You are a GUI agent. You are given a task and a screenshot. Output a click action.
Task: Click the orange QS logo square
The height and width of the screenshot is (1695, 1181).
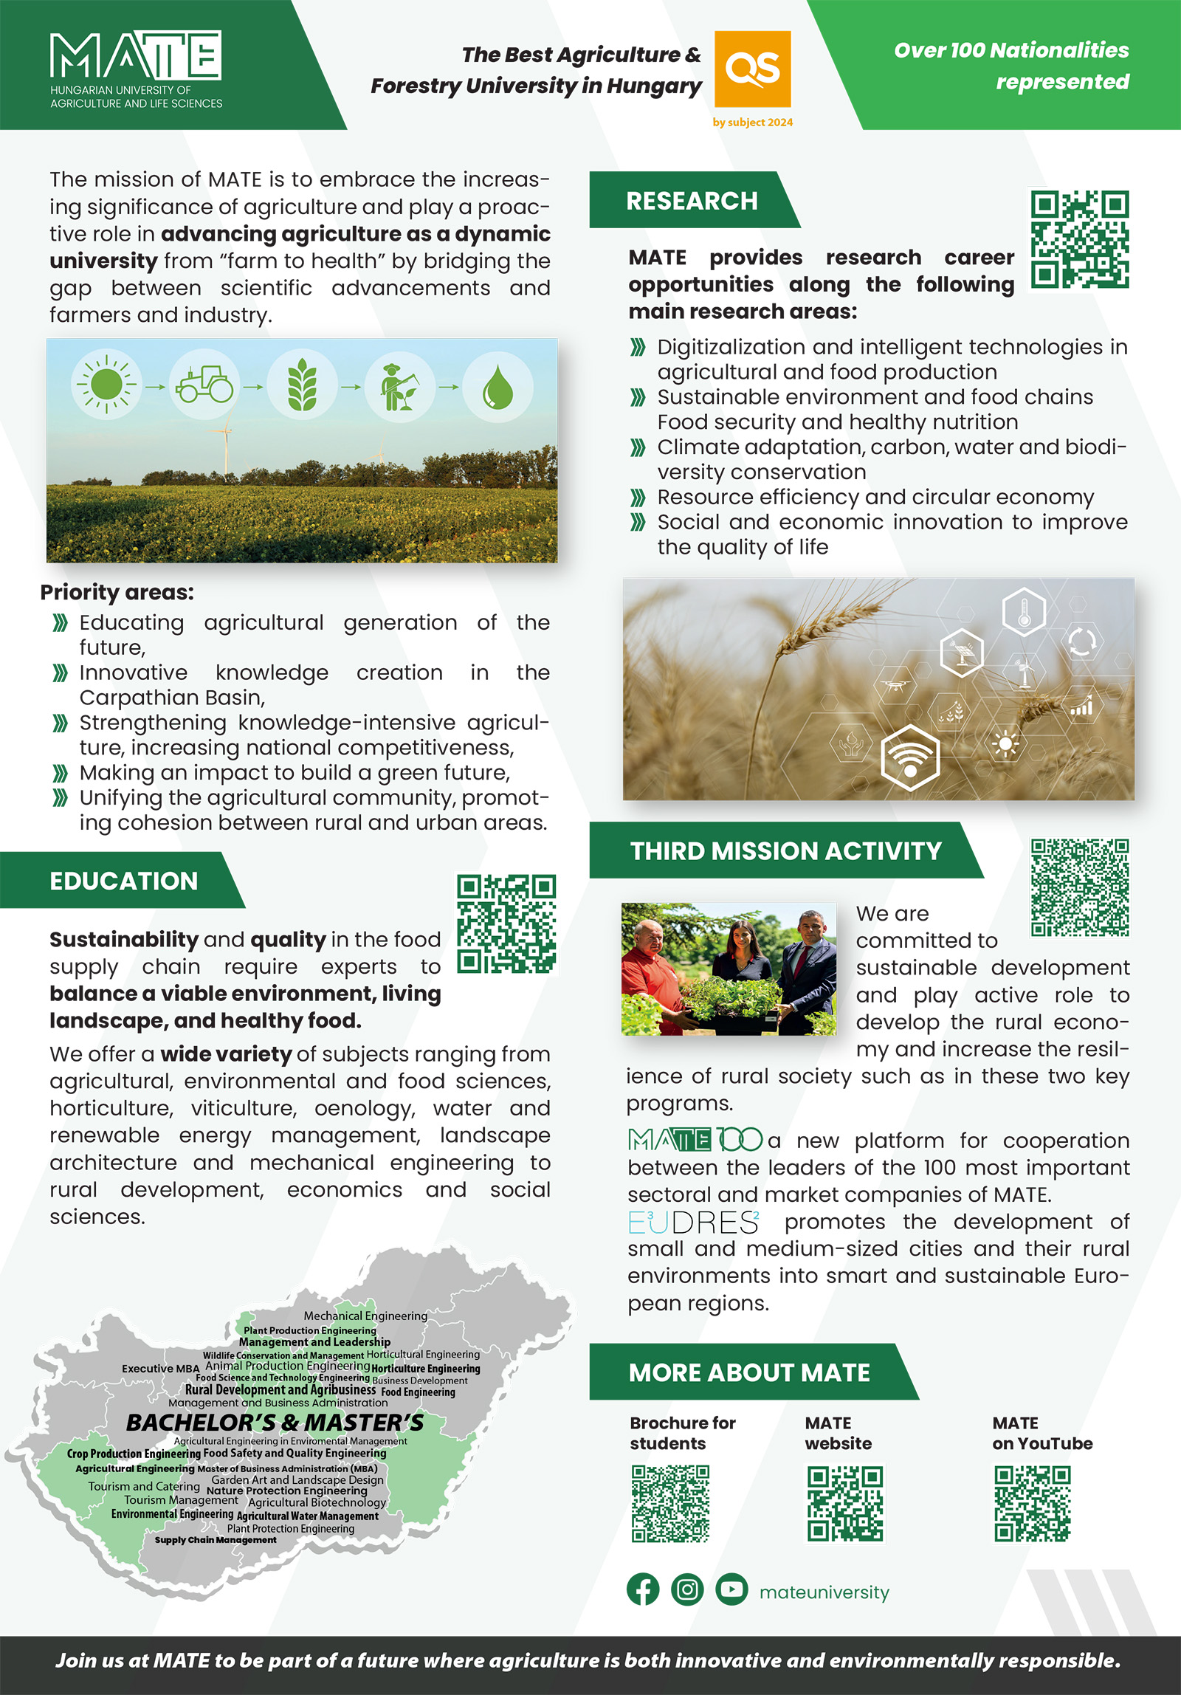(x=752, y=69)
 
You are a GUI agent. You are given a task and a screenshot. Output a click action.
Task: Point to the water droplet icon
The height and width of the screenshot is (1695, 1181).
(x=497, y=386)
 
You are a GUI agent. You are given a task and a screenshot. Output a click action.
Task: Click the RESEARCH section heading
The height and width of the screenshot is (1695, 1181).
(x=692, y=201)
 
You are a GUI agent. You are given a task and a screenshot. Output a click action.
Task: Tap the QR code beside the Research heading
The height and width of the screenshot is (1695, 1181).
(x=1079, y=239)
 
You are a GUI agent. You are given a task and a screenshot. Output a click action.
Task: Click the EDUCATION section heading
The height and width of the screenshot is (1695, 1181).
(x=123, y=881)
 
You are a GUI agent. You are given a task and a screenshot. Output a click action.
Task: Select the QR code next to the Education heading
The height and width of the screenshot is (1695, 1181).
(x=506, y=924)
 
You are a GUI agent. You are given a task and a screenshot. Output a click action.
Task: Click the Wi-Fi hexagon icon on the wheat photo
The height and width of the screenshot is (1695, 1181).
(x=910, y=757)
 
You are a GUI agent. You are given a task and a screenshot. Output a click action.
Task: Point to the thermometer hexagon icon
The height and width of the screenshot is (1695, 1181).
(x=1024, y=611)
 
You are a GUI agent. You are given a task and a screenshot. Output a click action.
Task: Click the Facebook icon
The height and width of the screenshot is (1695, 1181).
(x=643, y=1589)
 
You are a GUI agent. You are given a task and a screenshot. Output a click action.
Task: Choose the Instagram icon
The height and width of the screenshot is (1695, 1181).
(x=687, y=1589)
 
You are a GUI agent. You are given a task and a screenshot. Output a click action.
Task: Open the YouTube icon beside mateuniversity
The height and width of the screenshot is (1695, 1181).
(x=731, y=1589)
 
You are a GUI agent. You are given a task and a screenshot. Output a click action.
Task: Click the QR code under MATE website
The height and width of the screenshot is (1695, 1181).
(x=844, y=1504)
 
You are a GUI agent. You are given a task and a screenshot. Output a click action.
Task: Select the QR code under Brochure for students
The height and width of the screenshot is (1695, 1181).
(x=670, y=1504)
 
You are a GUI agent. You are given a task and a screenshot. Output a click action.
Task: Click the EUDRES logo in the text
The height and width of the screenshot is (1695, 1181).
(x=693, y=1223)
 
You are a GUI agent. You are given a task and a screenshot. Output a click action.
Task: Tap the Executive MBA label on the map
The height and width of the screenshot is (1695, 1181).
(x=160, y=1369)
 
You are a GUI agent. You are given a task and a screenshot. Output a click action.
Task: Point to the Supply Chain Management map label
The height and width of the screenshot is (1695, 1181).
(x=216, y=1540)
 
